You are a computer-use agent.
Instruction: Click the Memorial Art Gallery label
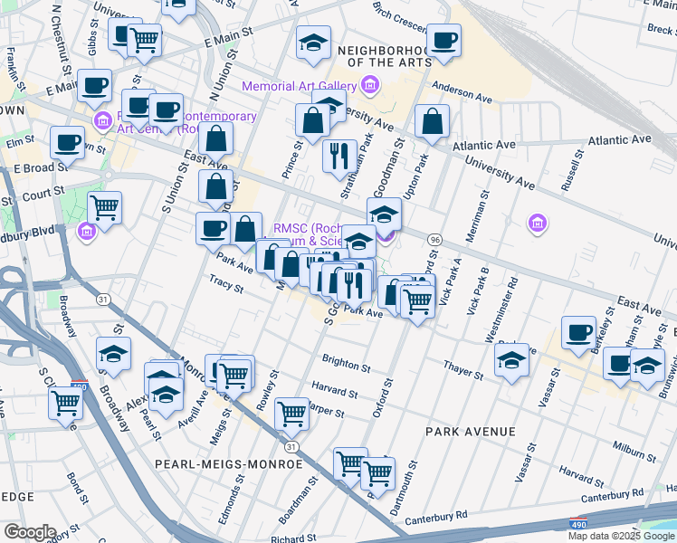(x=298, y=86)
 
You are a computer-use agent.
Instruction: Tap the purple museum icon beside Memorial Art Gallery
(x=369, y=86)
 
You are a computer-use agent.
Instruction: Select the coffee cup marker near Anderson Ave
(x=443, y=42)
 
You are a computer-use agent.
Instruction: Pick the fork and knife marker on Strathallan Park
(x=340, y=155)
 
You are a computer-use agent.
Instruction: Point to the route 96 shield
(x=435, y=239)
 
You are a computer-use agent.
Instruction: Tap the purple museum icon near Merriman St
(x=538, y=223)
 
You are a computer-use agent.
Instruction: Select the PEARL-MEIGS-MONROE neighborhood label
(x=228, y=463)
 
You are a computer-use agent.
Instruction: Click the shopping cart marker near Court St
(x=105, y=208)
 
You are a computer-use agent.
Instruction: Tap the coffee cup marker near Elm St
(x=68, y=142)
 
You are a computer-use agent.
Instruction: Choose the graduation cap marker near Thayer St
(x=511, y=362)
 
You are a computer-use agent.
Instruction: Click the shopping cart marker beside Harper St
(x=292, y=414)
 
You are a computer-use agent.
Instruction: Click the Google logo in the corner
(x=29, y=532)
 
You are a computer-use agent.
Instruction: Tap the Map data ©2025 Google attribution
(x=622, y=536)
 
